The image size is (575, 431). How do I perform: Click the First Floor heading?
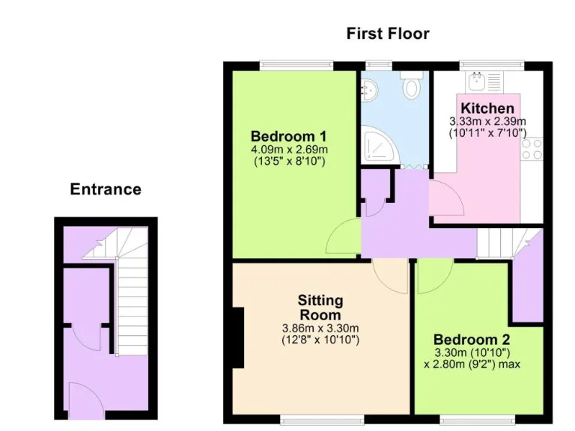point(388,34)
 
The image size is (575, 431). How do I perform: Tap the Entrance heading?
point(106,189)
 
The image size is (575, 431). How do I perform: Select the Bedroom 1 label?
point(288,136)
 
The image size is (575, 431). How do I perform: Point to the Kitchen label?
point(487,108)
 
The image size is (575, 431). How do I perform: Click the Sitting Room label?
point(320,308)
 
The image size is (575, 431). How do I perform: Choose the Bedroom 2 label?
point(466,340)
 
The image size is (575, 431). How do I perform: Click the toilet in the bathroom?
point(411,86)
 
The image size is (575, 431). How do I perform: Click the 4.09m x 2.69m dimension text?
point(289,150)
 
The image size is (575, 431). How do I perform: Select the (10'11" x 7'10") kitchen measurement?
point(487,133)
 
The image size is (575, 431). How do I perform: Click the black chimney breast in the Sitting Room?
point(238,338)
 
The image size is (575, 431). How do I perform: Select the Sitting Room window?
point(321,417)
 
